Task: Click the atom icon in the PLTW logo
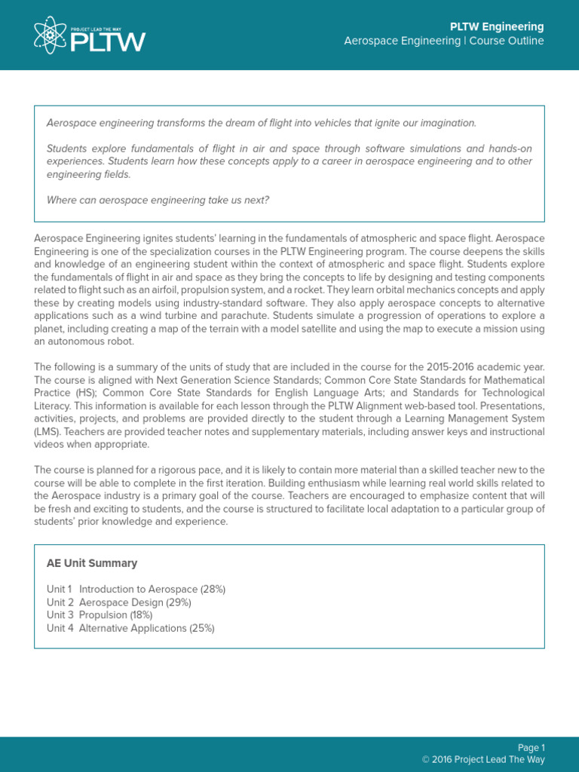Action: (51, 35)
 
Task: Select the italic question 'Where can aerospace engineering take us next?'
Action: (158, 200)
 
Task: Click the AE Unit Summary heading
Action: (92, 563)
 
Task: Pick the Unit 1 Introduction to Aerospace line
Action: (136, 589)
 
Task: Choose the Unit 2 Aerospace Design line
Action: (118, 602)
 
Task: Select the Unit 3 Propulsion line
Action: (100, 615)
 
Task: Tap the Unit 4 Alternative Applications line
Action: (130, 628)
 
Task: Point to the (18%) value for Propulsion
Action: (141, 615)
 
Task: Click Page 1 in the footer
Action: (532, 748)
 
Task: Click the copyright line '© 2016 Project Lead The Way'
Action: (483, 760)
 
